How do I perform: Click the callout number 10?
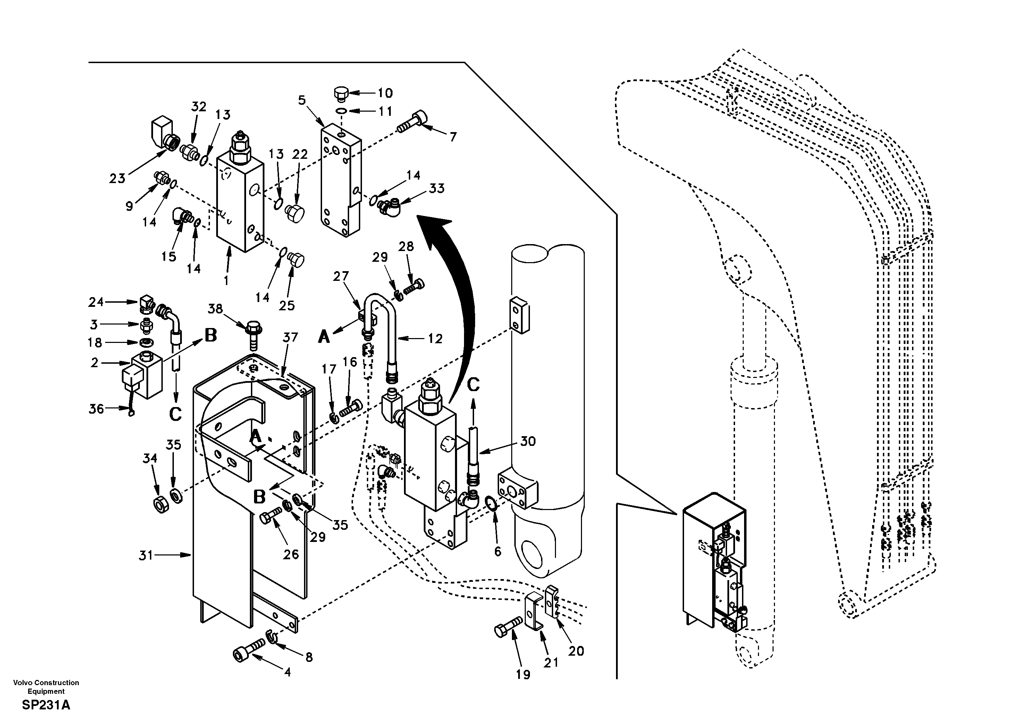385,93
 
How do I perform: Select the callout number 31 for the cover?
146,556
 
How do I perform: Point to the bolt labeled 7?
411,121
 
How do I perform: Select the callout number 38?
215,309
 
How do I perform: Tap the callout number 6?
497,552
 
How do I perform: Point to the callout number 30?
528,441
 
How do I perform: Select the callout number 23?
117,179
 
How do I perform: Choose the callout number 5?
302,100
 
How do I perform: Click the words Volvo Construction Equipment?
46,687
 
